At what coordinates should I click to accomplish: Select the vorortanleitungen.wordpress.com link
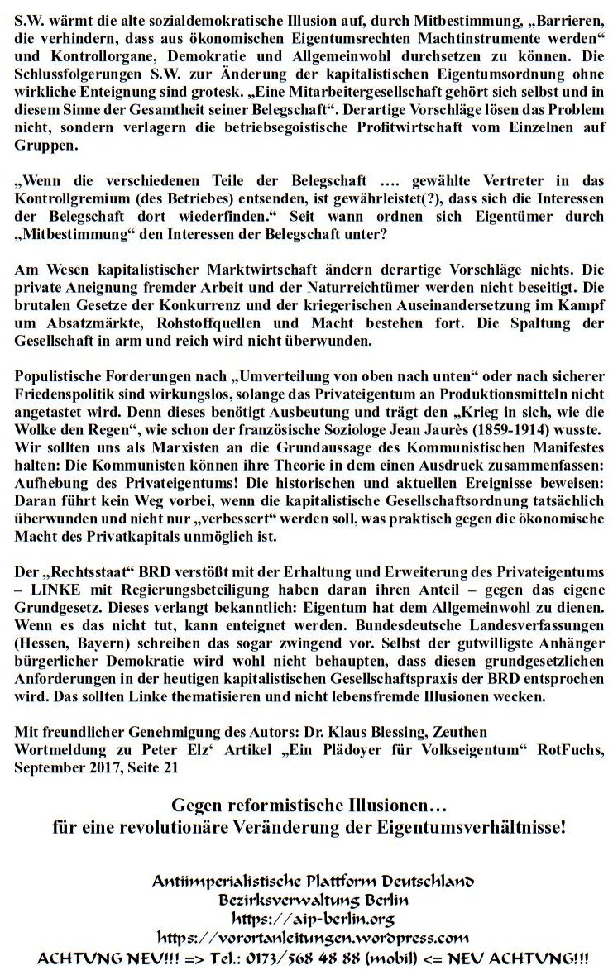pos(314,938)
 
